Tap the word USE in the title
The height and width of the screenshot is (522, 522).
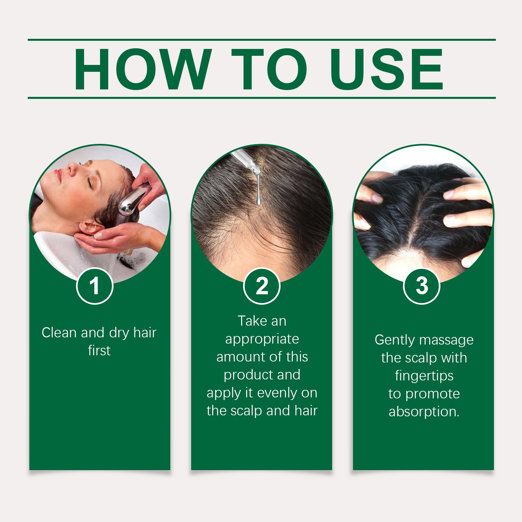coord(387,69)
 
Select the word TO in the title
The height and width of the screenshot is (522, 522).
coord(269,69)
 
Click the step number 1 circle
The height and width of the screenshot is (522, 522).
coord(95,286)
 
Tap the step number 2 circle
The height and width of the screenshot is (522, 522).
coord(262,286)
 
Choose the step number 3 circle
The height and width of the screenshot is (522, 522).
coord(422,286)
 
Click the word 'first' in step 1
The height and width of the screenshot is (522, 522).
coord(99,350)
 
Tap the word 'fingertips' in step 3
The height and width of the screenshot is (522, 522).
coord(424,376)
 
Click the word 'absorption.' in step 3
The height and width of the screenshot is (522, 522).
coord(424,412)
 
